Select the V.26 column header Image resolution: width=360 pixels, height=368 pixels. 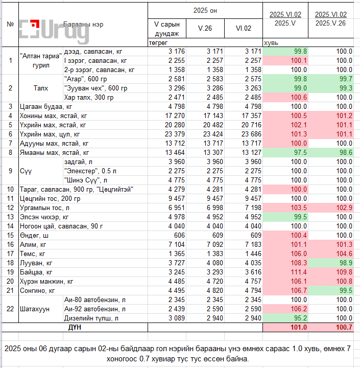pyautogui.click(x=205, y=29)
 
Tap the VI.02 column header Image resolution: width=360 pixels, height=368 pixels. pyautogui.click(x=244, y=29)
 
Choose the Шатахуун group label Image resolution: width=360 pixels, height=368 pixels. pyautogui.click(x=34, y=309)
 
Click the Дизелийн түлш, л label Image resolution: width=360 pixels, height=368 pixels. pyautogui.click(x=91, y=318)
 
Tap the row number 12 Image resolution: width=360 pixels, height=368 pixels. pyautogui.click(x=10, y=208)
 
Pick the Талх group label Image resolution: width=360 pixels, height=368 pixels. pyautogui.click(x=41, y=88)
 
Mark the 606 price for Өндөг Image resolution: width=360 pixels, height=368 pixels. pyautogui.click(x=174, y=235)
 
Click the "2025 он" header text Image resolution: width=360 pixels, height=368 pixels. pyautogui.click(x=205, y=11)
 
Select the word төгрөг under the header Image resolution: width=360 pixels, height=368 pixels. pyautogui.click(x=158, y=43)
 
